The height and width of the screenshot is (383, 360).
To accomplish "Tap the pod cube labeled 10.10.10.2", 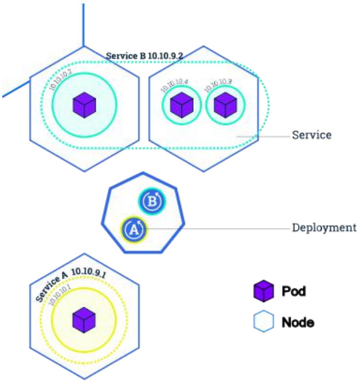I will (84, 105).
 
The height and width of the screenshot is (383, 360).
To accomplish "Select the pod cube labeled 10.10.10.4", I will (182, 104).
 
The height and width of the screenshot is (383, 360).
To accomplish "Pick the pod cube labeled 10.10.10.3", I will (225, 104).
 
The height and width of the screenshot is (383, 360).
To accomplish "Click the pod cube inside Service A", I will (84, 319).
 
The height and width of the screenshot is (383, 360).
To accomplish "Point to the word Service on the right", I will (312, 135).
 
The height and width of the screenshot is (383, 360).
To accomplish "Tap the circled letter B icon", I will (152, 201).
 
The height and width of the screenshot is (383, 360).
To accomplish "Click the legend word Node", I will (298, 322).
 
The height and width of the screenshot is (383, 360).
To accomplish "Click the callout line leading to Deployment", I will (218, 228).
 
